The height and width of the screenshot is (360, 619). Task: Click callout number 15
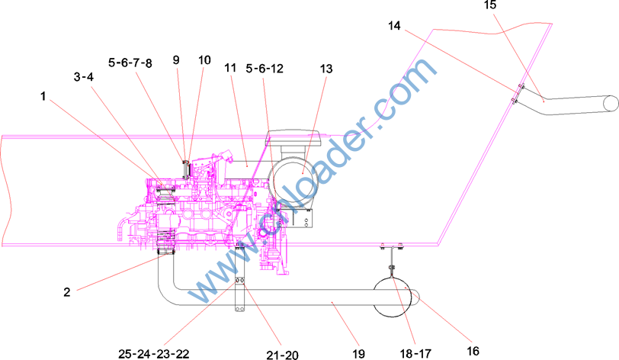pos(490,5)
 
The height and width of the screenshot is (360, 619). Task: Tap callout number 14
pos(394,26)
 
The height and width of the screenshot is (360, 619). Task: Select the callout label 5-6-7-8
pos(130,63)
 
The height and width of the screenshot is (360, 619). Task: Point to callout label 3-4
pos(84,77)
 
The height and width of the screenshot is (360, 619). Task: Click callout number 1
pos(43,96)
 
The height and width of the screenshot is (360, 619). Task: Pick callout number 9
pos(176,60)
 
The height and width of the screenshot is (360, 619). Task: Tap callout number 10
pos(204,60)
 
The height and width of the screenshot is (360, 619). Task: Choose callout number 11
pos(230,68)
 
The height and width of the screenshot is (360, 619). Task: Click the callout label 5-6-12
pos(265,69)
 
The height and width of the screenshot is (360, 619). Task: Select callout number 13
pos(326,69)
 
